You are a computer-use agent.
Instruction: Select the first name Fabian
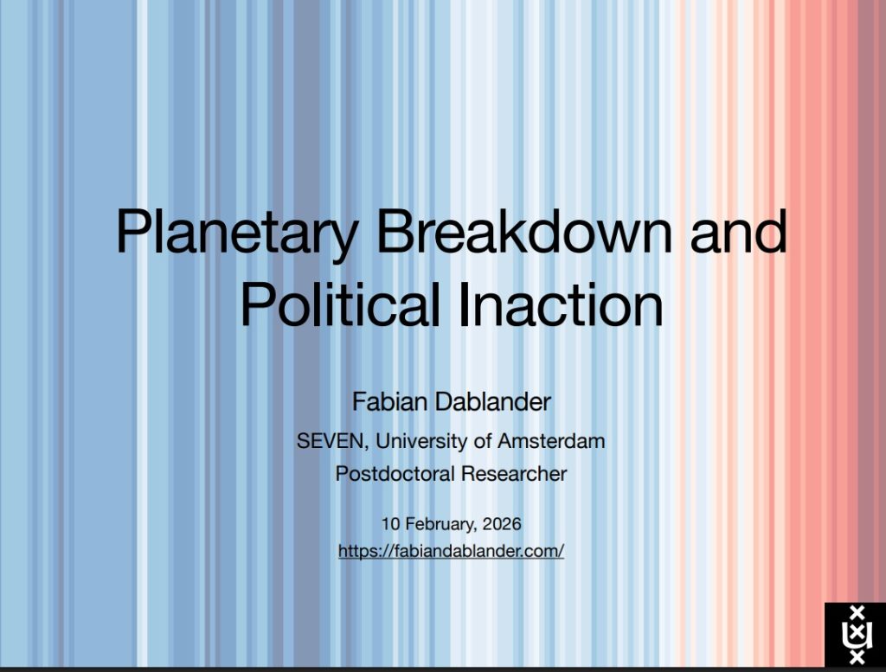coord(390,402)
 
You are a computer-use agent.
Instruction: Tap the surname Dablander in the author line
coord(492,402)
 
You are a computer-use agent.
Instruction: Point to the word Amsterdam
coord(551,440)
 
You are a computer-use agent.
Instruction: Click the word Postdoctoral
coord(395,474)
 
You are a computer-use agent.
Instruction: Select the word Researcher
coord(514,474)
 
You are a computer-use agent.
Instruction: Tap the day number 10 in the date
coord(390,524)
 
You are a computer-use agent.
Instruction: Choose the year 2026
coord(502,524)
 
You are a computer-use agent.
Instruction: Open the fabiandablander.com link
coord(451,551)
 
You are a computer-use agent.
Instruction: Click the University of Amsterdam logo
coord(855,635)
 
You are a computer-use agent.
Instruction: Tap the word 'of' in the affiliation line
coord(483,440)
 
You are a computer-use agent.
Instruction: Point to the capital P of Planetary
coord(132,231)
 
